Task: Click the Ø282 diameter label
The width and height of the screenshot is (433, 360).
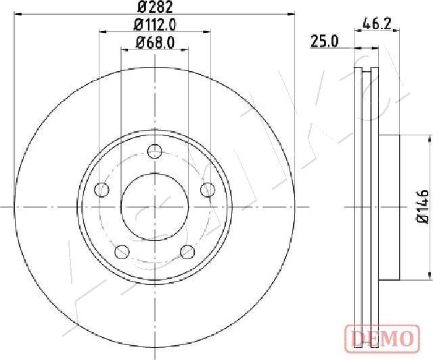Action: point(155,7)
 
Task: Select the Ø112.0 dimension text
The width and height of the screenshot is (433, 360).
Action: point(155,26)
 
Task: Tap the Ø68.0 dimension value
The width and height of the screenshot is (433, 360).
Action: point(155,43)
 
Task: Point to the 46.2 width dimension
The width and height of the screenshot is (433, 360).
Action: point(378,24)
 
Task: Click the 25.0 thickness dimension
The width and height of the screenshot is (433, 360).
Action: point(324,41)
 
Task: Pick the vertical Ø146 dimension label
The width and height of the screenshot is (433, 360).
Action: point(422,206)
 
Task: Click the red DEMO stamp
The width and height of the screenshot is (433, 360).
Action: point(382,339)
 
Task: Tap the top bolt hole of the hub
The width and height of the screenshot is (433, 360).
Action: point(155,152)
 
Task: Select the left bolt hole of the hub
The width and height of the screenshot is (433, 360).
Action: point(101,189)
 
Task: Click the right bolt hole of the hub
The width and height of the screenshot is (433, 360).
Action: point(208,189)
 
